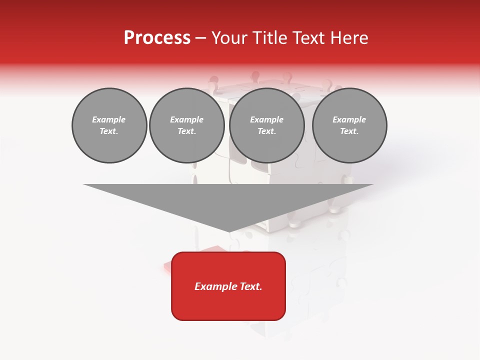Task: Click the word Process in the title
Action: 157,38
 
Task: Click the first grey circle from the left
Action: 109,125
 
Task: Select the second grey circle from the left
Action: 187,125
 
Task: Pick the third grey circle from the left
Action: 267,125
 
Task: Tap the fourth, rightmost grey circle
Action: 349,125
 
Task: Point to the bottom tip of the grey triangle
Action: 228,231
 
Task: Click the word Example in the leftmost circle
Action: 109,119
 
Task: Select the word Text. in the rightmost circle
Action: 349,131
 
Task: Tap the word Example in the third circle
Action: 267,119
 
